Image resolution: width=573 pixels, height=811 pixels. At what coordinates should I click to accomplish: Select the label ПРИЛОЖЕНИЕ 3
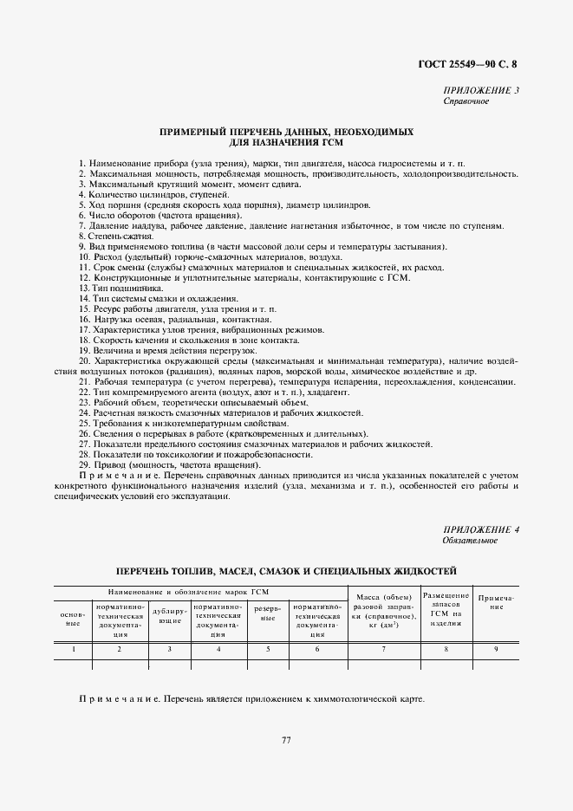(x=480, y=91)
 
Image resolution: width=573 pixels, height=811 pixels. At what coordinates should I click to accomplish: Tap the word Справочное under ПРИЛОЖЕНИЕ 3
(x=466, y=101)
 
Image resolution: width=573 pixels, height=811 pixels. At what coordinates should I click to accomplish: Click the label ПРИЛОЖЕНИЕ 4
(x=480, y=529)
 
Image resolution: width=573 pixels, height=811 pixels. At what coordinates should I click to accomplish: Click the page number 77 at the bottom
(x=286, y=740)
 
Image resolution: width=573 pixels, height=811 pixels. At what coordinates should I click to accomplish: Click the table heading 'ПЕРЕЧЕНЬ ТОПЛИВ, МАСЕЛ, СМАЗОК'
(x=286, y=571)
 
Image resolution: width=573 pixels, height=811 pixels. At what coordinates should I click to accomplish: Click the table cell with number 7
(x=382, y=648)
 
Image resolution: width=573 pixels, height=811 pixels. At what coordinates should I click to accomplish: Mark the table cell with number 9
(x=496, y=648)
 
